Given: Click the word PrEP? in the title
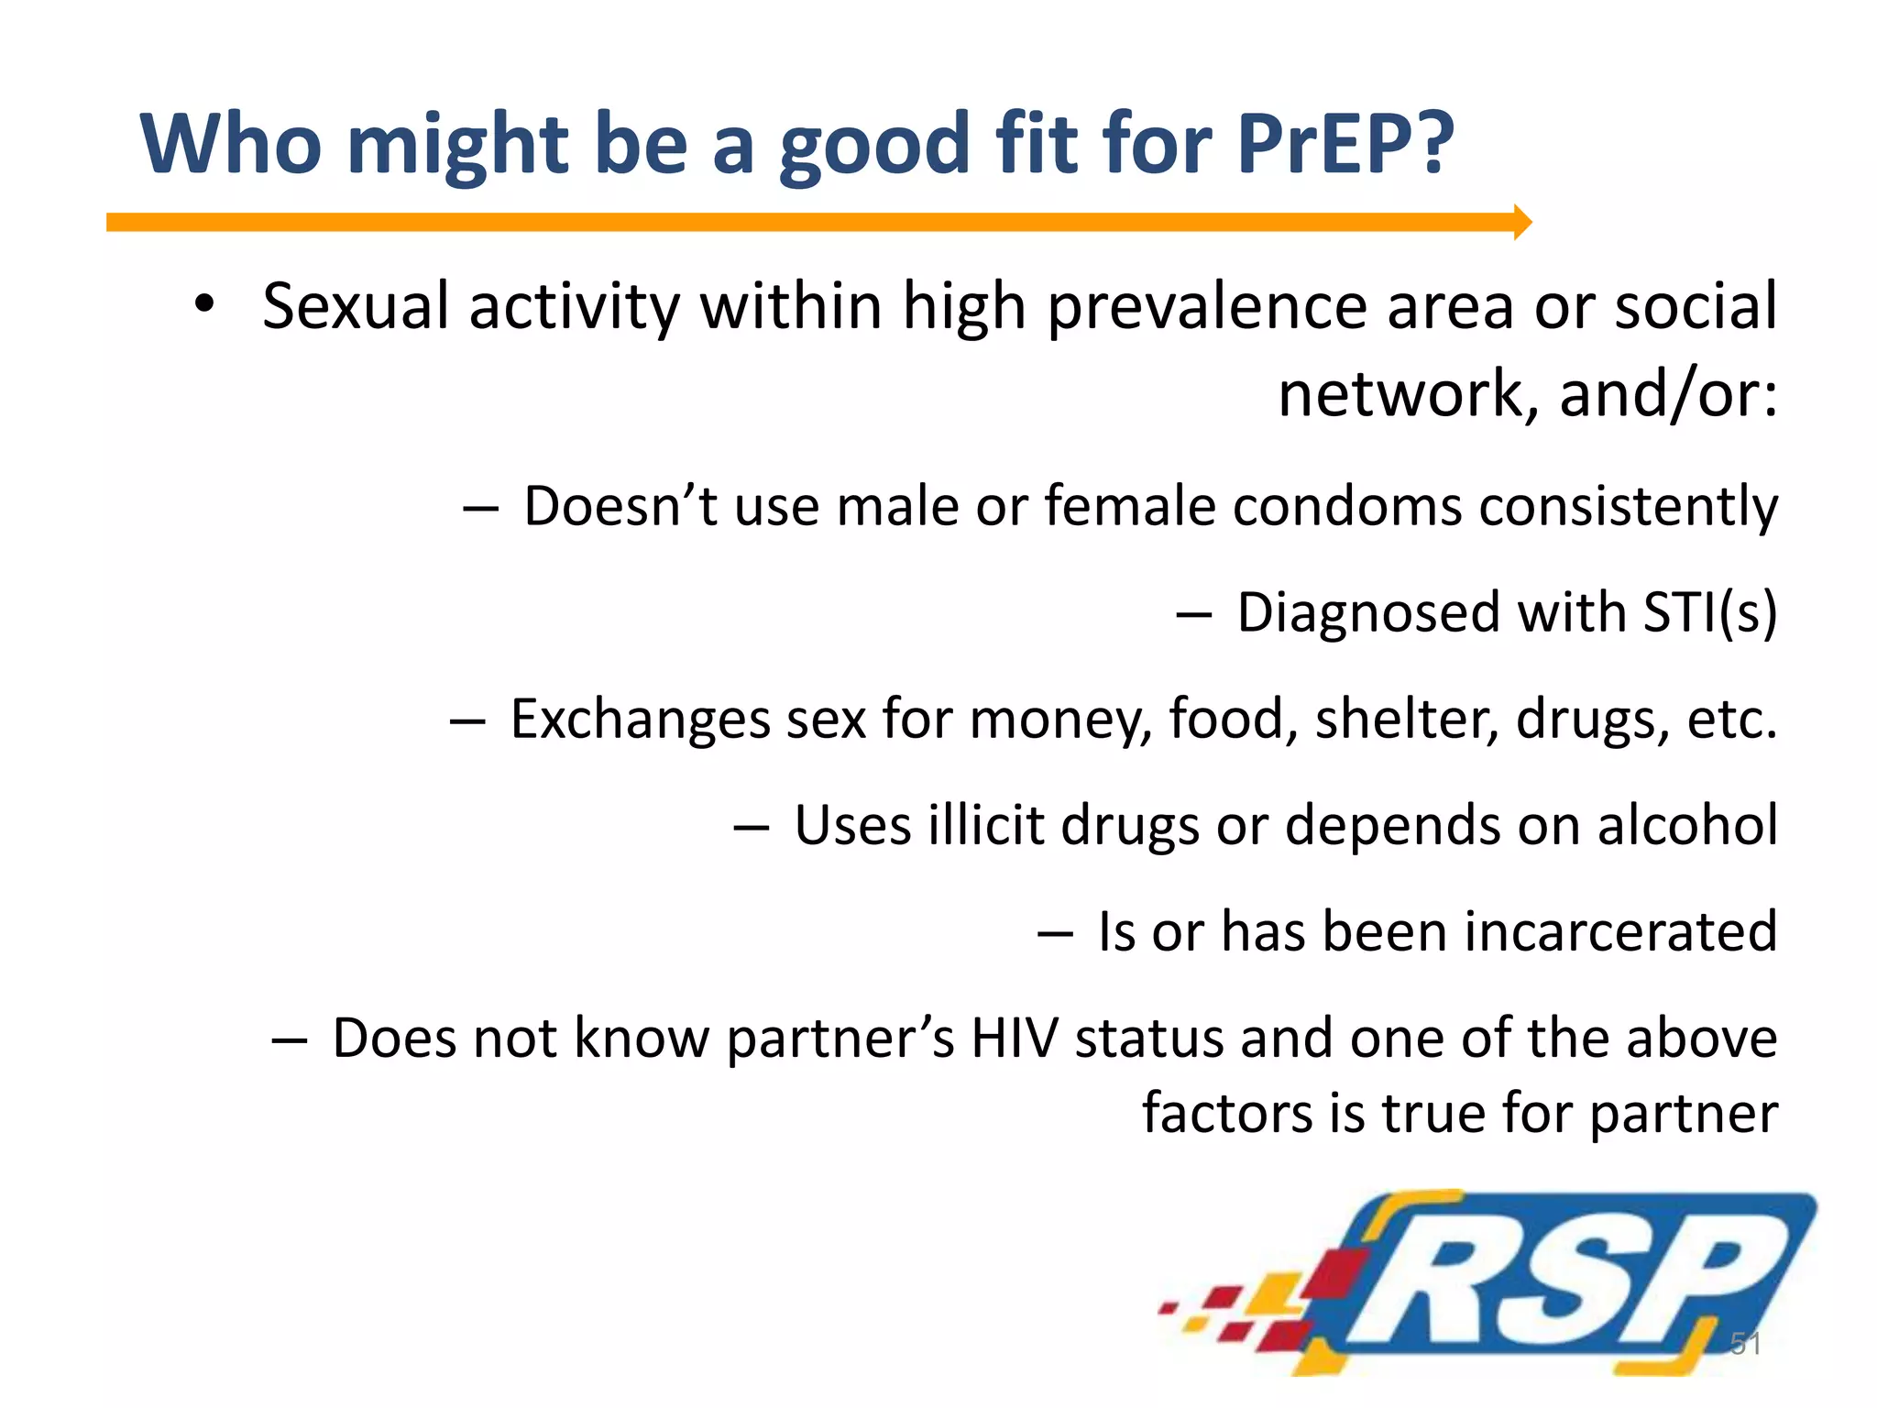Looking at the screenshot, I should coord(1345,145).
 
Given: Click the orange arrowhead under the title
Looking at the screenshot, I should coord(1522,222).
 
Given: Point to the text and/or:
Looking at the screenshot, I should coord(1668,394).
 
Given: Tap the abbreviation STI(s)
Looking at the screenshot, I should coord(1710,612).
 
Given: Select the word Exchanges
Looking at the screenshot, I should coord(640,720).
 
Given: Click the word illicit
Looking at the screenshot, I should coord(985,825).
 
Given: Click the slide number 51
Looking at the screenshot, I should coord(1745,1344).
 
